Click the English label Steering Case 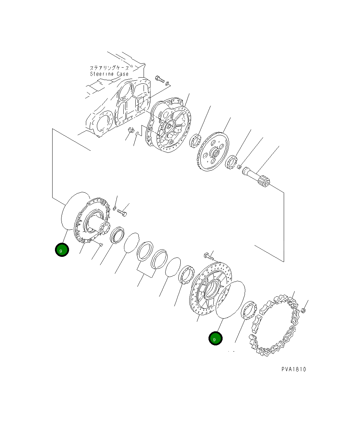click(x=109, y=74)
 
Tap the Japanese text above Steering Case click(x=109, y=68)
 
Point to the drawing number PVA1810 click(x=293, y=369)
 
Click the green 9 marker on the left click(x=62, y=250)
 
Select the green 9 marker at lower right click(x=215, y=339)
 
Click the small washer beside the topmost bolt click(x=167, y=83)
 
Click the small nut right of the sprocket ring click(x=303, y=311)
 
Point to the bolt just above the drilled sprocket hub click(x=209, y=255)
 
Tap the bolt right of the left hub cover click(x=122, y=213)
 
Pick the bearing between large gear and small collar click(x=232, y=162)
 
